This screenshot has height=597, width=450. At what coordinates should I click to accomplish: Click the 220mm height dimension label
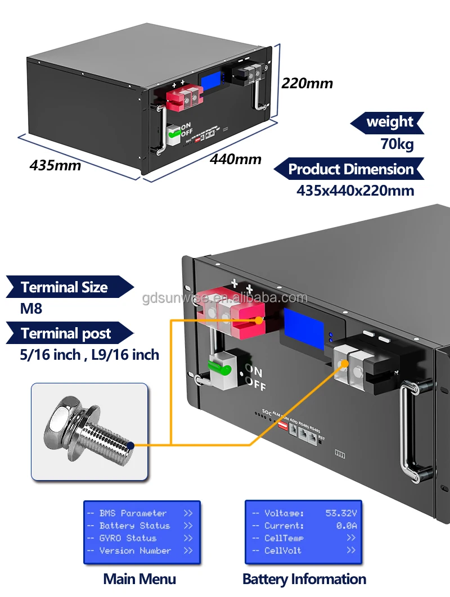(x=307, y=84)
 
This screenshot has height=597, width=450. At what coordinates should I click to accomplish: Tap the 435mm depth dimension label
(x=55, y=165)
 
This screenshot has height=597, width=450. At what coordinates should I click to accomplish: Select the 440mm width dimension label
(x=236, y=159)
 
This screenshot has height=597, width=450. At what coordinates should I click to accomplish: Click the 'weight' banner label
(x=389, y=122)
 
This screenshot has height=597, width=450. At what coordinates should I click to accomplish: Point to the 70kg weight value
(x=397, y=144)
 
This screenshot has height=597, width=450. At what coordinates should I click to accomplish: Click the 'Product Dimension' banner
(x=350, y=169)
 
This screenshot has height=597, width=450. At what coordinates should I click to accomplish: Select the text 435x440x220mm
(x=355, y=191)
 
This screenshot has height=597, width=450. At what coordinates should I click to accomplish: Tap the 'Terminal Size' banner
(x=64, y=287)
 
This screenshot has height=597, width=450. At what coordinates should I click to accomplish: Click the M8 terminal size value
(x=31, y=309)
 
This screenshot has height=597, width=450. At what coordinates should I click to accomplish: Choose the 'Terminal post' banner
(x=66, y=333)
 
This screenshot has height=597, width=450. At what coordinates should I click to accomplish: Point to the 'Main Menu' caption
(x=139, y=579)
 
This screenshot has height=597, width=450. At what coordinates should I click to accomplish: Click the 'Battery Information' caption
(x=304, y=579)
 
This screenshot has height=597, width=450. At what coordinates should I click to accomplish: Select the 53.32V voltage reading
(x=341, y=513)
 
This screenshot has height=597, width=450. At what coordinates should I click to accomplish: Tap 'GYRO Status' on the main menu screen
(x=128, y=538)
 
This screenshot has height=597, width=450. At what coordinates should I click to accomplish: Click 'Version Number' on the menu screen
(x=135, y=551)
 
